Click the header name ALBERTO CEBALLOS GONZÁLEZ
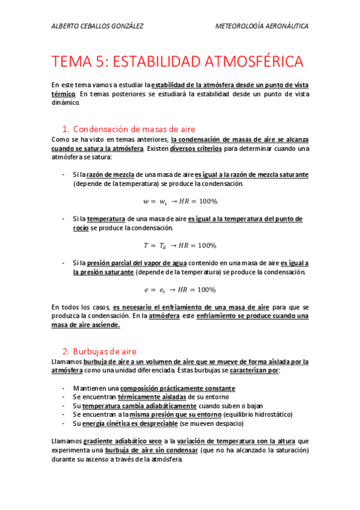tap(98, 26)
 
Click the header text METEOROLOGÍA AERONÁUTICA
tap(261, 26)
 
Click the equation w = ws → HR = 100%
tap(180, 201)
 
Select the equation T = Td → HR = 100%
tap(180, 245)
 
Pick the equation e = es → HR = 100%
tap(180, 289)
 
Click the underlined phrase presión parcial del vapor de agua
tap(136, 263)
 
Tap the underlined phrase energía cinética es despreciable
tap(129, 423)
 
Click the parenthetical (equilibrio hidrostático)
tap(257, 414)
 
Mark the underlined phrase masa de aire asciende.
tap(85, 325)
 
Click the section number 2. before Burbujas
tap(66, 351)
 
